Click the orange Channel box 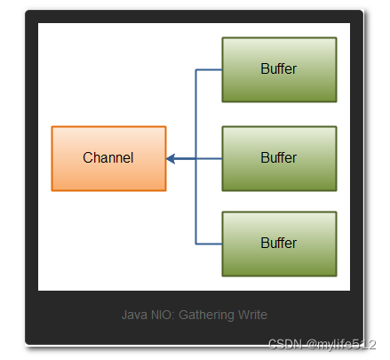click(x=108, y=158)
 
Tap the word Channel click(x=108, y=158)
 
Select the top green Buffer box click(x=279, y=69)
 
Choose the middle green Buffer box click(x=279, y=158)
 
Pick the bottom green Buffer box click(x=279, y=243)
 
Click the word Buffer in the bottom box click(x=279, y=243)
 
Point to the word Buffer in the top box click(x=279, y=69)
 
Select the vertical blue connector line click(x=195, y=116)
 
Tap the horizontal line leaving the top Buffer click(x=209, y=69)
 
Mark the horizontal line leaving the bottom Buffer click(x=209, y=243)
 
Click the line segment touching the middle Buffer click(x=210, y=159)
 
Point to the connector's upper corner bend click(x=195, y=69)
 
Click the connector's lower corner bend click(x=195, y=243)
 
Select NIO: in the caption click(x=162, y=315)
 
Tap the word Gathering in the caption click(x=206, y=315)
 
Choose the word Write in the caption click(x=251, y=315)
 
